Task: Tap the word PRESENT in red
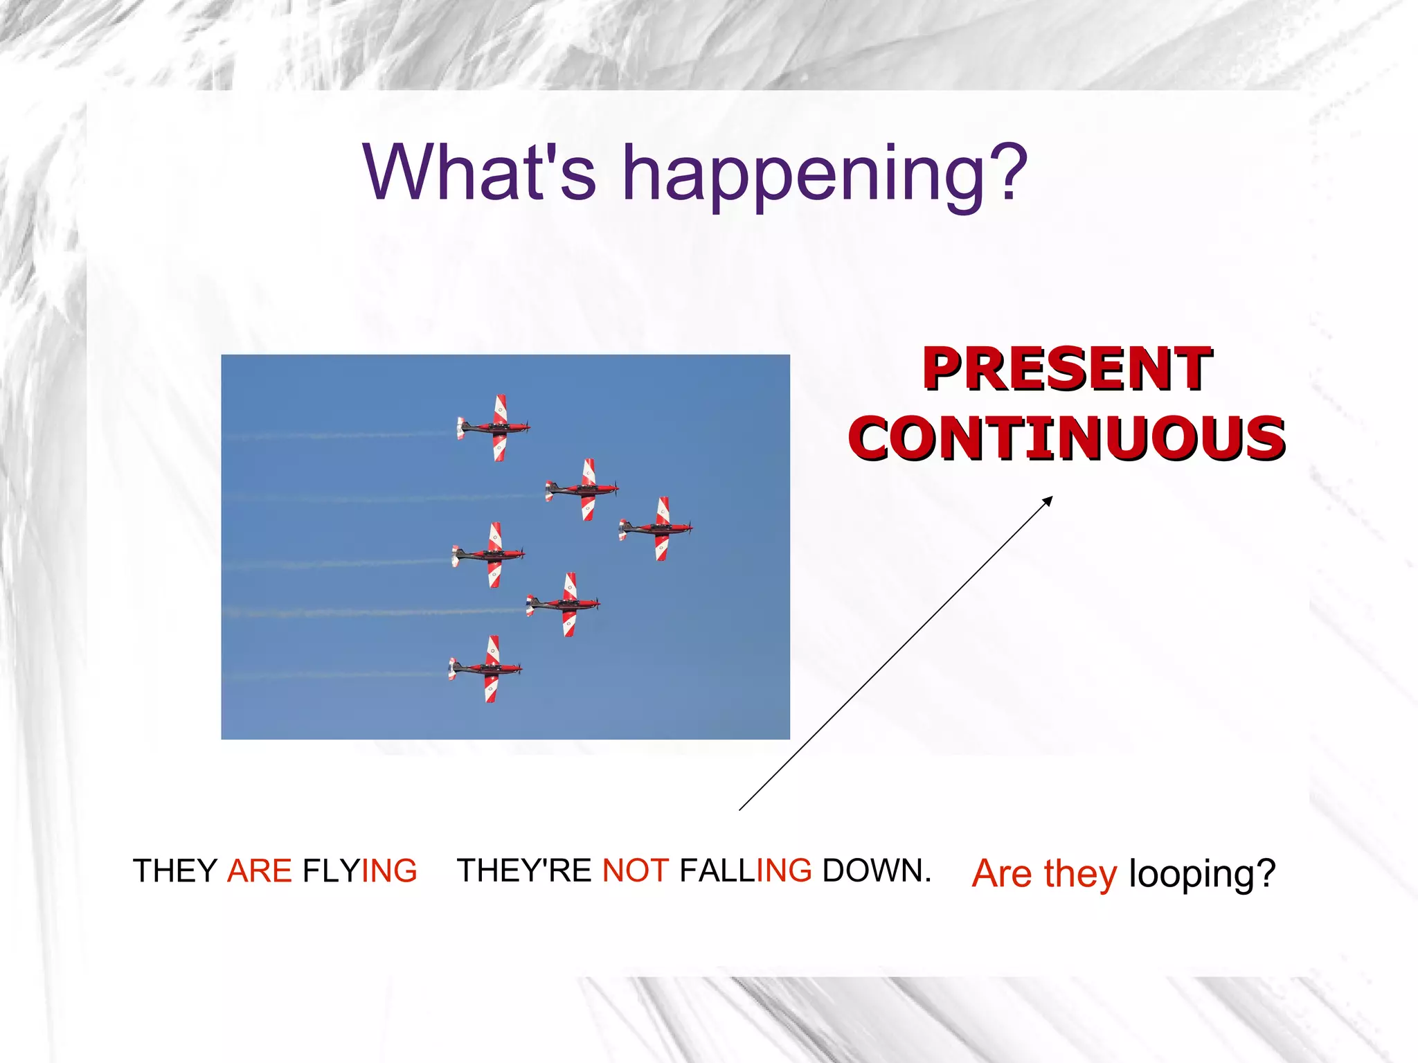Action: click(1067, 368)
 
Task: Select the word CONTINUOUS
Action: click(1067, 438)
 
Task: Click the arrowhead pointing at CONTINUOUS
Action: click(1048, 500)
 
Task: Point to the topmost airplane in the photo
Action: click(494, 427)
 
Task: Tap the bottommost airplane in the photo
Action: click(486, 669)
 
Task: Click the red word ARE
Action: click(260, 870)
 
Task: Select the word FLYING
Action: click(360, 870)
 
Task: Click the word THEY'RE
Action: click(524, 870)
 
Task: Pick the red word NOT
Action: click(635, 870)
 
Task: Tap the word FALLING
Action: click(746, 870)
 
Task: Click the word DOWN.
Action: click(876, 870)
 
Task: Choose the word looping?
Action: click(1201, 874)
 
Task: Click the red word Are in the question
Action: click(1002, 873)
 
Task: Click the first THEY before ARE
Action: click(175, 870)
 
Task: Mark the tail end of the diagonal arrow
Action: click(740, 809)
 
